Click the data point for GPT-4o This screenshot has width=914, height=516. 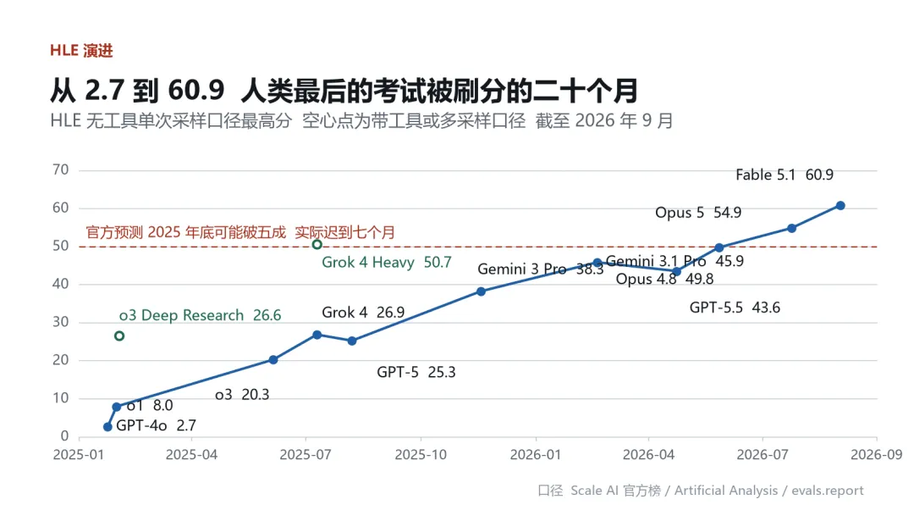[x=107, y=427]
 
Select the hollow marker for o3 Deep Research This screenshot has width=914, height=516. [x=119, y=336]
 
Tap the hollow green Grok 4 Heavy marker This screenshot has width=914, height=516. [x=317, y=245]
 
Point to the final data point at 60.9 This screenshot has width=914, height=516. [x=840, y=205]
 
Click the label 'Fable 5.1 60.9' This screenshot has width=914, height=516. [x=784, y=175]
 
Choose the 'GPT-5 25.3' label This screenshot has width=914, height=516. [x=416, y=372]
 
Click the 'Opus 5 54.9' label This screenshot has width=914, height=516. [x=698, y=213]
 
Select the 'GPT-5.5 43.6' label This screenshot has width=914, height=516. [x=735, y=308]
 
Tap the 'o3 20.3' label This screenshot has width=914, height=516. [x=242, y=395]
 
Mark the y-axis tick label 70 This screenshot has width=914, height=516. [x=61, y=169]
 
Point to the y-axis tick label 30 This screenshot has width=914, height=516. [x=61, y=322]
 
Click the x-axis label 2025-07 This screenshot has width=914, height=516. [x=306, y=455]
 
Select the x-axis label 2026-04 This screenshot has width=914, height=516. [x=648, y=455]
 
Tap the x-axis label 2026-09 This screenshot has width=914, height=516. [x=876, y=455]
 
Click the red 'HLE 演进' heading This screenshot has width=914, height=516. [x=81, y=51]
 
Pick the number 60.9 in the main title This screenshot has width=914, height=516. [x=195, y=91]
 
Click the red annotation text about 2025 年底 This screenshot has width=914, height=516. [x=240, y=232]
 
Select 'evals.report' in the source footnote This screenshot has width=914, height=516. [x=827, y=491]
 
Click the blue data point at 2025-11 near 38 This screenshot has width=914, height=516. [x=481, y=291]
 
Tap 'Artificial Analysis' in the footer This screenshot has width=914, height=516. [x=726, y=491]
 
